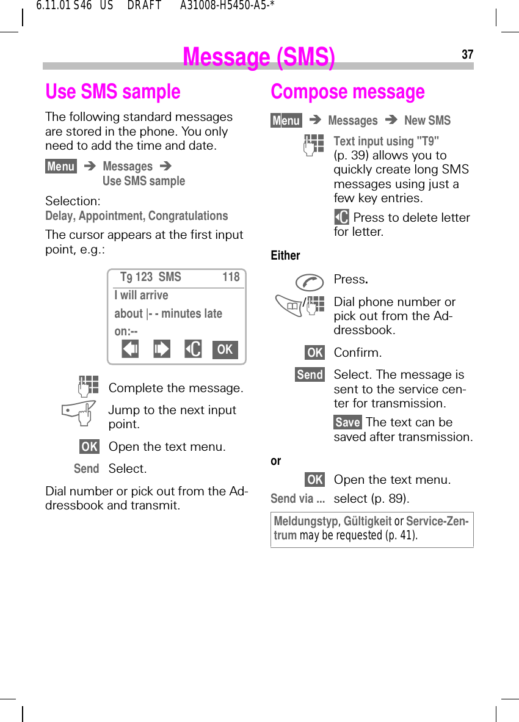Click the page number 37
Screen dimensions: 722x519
[x=467, y=55]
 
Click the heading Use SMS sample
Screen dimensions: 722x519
[x=113, y=92]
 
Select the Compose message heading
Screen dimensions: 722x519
[x=347, y=92]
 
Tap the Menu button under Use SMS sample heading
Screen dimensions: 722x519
[x=61, y=166]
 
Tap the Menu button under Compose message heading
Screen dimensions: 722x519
[x=286, y=120]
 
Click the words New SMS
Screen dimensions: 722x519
[x=427, y=120]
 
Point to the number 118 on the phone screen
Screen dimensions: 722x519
[x=231, y=277]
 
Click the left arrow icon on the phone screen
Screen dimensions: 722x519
[x=130, y=349]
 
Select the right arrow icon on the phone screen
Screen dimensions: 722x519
[x=162, y=349]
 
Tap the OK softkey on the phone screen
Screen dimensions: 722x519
[x=225, y=349]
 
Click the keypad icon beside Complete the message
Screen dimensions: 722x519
[x=88, y=387]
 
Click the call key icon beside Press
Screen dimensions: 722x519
[x=310, y=282]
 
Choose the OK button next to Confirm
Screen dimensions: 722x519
[x=315, y=352]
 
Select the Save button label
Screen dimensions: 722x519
[x=347, y=422]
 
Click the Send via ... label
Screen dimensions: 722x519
[x=297, y=498]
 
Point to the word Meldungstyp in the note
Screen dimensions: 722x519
[x=305, y=521]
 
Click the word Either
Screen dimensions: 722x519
[x=285, y=255]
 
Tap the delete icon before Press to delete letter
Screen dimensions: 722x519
[x=342, y=217]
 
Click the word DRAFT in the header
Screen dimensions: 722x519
[x=144, y=6]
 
